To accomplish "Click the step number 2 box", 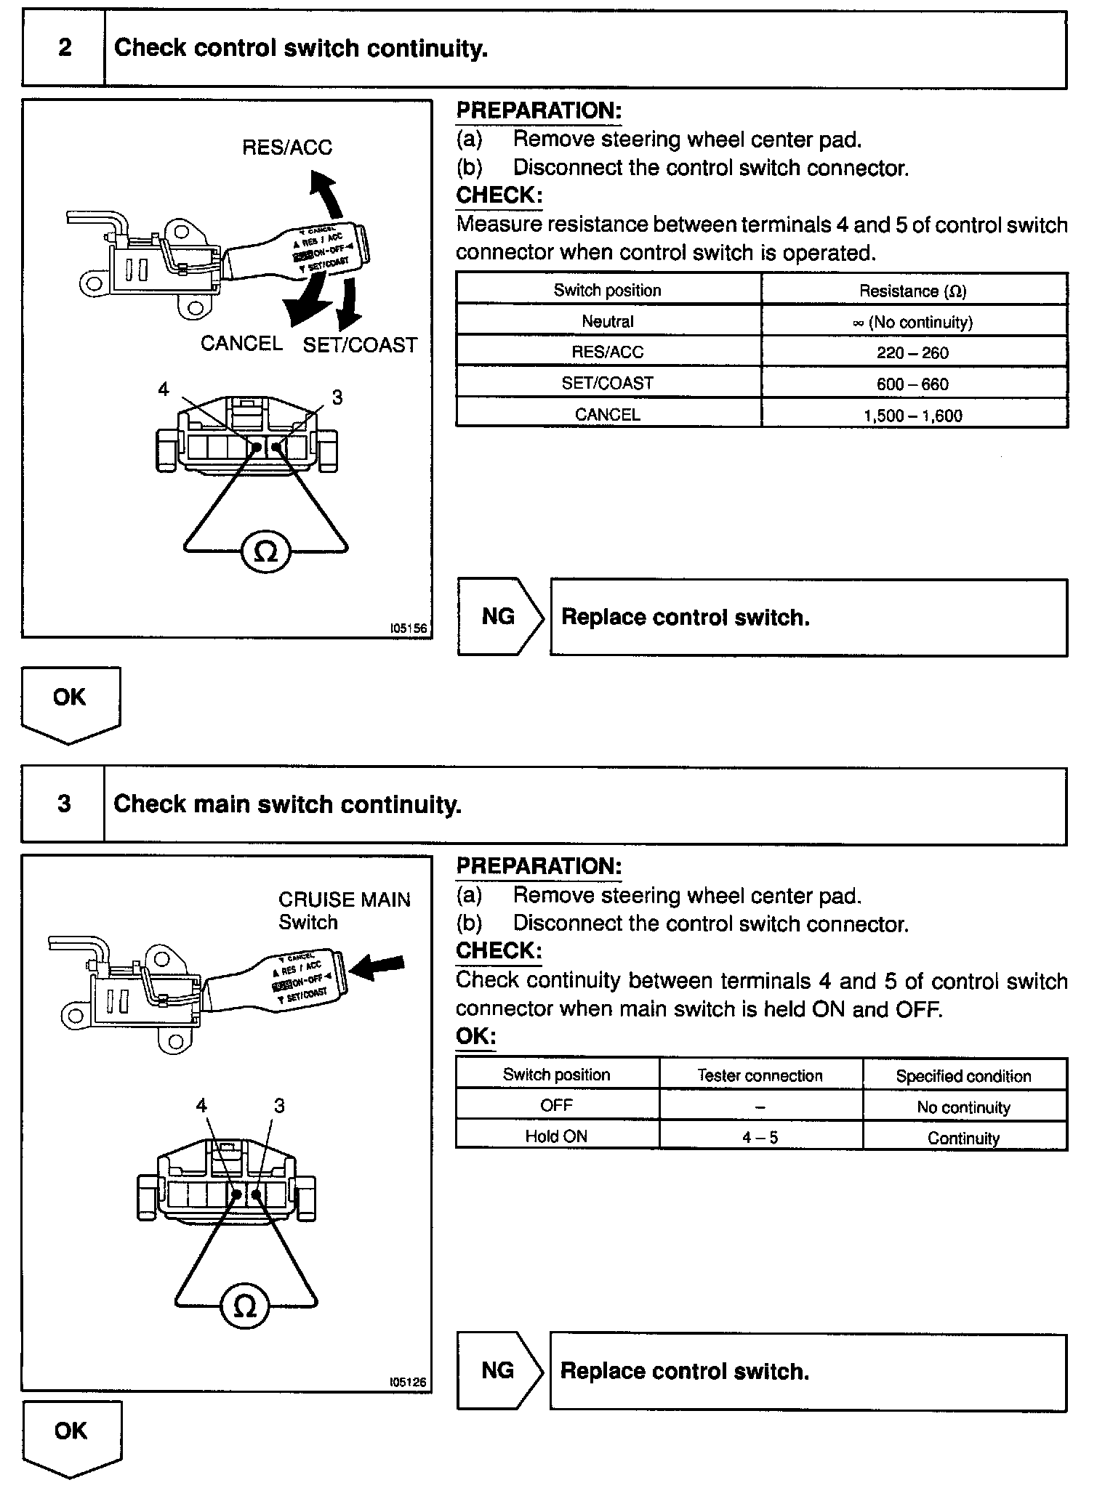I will click(64, 49).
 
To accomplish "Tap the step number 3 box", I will click(64, 804).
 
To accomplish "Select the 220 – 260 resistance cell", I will click(913, 353).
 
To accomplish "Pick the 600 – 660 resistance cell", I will click(913, 384).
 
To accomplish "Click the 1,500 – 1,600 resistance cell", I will click(913, 416).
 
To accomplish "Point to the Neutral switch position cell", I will click(608, 321).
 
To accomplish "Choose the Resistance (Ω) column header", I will click(913, 291).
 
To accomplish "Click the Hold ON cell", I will click(556, 1136).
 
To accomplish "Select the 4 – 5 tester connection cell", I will click(760, 1137).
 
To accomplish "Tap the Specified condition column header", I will click(963, 1076).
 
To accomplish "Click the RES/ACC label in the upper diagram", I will click(287, 147).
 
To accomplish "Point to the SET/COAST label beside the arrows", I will click(360, 345).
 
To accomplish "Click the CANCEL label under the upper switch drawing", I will click(241, 343).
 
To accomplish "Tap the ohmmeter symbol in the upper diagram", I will click(266, 554).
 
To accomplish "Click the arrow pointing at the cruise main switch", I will click(377, 966).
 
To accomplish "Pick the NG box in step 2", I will click(499, 617).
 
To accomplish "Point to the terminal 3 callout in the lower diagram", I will click(279, 1105).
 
